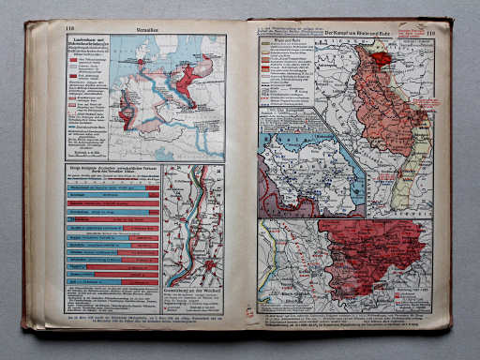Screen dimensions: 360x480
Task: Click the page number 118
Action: click(69, 29)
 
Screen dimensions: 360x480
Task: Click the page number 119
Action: click(430, 34)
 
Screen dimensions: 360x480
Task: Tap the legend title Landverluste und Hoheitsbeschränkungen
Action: click(87, 44)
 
